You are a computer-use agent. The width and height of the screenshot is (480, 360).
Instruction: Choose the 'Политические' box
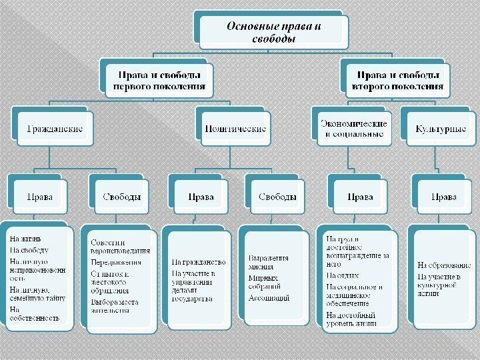click(235, 128)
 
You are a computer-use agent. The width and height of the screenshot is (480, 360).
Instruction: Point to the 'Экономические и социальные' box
click(353, 128)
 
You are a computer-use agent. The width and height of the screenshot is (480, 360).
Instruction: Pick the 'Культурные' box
click(441, 128)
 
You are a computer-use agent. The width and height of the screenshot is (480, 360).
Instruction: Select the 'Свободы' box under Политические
click(277, 197)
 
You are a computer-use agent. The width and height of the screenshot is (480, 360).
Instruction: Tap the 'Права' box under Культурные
click(444, 197)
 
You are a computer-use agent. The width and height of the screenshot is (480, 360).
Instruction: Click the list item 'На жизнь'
click(25, 239)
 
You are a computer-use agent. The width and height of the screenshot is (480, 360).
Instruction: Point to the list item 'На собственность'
click(35, 313)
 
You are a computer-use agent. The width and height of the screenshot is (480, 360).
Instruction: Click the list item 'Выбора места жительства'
click(115, 305)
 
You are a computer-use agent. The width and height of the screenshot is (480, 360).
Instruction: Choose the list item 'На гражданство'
click(198, 262)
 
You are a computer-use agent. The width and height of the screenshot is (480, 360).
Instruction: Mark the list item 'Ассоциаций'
click(269, 298)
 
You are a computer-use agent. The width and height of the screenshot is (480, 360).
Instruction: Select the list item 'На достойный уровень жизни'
click(351, 319)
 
